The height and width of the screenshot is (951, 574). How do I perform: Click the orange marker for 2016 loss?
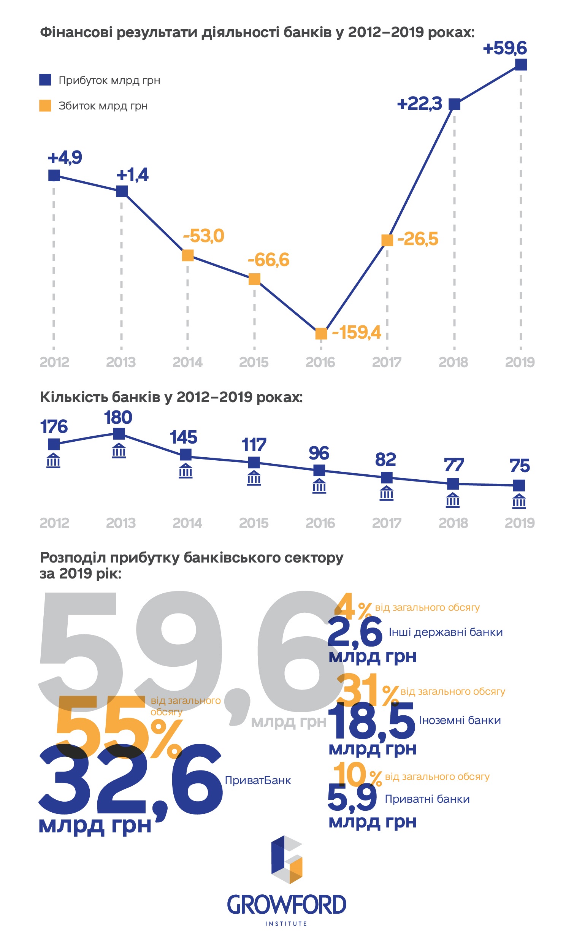point(321,333)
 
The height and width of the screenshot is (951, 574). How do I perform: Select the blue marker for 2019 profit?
point(521,65)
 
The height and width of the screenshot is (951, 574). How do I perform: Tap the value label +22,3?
point(419,104)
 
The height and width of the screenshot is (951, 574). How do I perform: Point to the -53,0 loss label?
point(203,236)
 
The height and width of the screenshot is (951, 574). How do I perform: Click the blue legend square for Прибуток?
point(45,80)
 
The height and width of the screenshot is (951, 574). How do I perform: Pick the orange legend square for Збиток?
point(45,105)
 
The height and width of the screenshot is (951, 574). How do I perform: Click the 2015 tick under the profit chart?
point(254,362)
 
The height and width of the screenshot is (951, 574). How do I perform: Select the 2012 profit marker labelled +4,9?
point(54,175)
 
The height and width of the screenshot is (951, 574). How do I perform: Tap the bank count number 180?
point(118,417)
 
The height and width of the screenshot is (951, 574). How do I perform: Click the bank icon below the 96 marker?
point(319,485)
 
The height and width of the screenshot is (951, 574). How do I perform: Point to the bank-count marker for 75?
point(519,485)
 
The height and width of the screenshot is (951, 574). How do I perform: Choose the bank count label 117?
point(254,445)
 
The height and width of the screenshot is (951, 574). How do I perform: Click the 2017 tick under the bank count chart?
point(386,523)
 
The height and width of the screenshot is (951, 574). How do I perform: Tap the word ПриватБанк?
point(258,780)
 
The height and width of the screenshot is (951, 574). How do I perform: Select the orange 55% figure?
point(116,728)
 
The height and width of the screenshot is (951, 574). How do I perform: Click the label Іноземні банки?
point(460,720)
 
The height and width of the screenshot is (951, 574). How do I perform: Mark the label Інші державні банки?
point(446,632)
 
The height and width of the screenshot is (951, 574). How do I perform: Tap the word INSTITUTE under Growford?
point(286,924)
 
